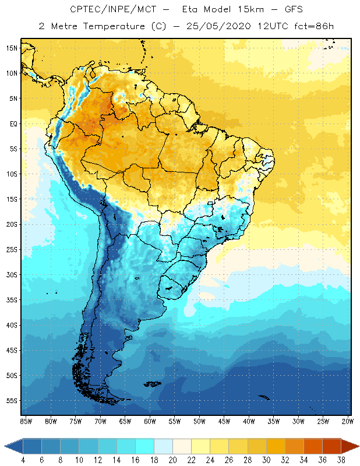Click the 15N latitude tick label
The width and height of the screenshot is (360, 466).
12,48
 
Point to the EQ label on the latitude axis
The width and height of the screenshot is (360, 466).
12,123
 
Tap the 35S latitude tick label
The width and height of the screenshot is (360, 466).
12,300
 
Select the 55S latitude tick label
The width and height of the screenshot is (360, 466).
12,401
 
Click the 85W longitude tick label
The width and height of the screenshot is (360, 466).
26,421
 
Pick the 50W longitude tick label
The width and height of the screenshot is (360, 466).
199,421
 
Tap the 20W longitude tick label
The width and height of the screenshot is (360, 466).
348,421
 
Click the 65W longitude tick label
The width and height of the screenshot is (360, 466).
125,421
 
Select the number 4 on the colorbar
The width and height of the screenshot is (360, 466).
23,460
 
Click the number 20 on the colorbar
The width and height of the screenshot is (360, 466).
172,460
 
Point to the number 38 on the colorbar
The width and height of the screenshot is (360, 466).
341,460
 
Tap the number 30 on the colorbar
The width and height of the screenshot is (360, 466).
266,460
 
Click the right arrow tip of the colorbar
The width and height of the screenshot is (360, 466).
358,446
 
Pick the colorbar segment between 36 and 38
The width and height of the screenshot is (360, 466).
332,446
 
